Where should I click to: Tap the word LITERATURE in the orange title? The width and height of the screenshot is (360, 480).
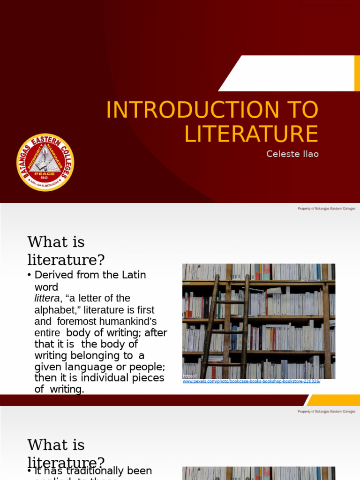coord(251,134)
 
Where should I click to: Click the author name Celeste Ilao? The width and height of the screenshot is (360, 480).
coord(292,154)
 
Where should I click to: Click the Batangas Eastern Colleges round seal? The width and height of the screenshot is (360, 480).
coord(45,163)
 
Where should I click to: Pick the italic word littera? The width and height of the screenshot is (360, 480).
coord(47,299)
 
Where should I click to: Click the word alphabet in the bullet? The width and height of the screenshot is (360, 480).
coord(54,310)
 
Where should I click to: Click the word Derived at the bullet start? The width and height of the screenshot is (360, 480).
coord(52,275)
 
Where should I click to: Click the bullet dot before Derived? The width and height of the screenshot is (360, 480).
coord(30,275)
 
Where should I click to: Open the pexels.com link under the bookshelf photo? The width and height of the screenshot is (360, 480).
coord(251,381)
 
